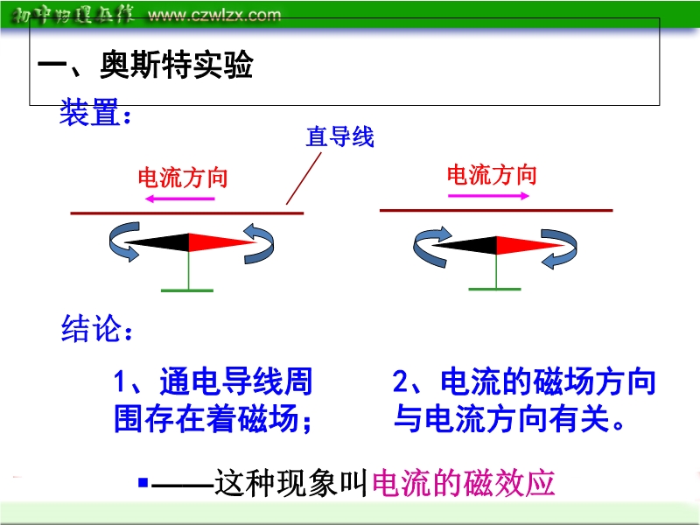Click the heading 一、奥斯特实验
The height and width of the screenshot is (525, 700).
tap(145, 65)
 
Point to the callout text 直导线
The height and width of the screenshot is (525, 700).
tap(339, 136)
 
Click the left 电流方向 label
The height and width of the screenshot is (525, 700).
tap(183, 178)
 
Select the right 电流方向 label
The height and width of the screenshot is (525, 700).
tap(492, 174)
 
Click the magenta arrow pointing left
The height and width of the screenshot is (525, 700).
tap(180, 199)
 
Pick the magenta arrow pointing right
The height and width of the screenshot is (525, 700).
tap(488, 195)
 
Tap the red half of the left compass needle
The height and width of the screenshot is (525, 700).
tap(222, 242)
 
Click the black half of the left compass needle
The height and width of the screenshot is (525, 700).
tap(157, 242)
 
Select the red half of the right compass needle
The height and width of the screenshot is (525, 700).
tap(530, 245)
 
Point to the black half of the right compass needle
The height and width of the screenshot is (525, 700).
tap(465, 245)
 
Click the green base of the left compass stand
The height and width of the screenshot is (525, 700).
tap(187, 290)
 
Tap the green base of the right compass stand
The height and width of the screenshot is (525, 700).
tap(494, 290)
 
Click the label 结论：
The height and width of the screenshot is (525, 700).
tap(97, 329)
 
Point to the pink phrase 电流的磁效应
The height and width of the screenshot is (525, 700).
tap(464, 483)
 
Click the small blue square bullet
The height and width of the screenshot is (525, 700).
tap(143, 483)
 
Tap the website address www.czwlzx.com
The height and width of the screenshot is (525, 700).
tap(214, 15)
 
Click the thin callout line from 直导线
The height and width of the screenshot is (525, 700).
tap(304, 178)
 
